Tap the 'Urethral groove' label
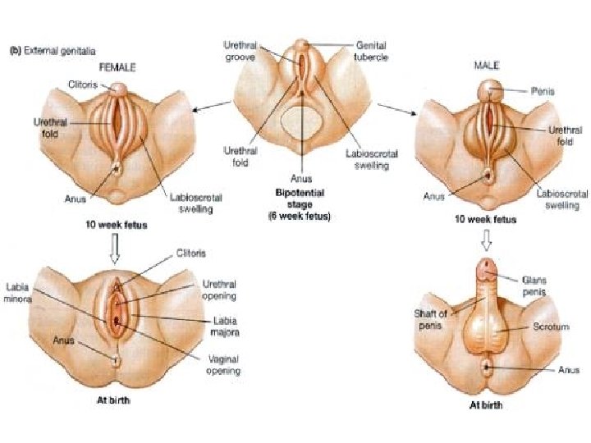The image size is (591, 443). tap(245, 50)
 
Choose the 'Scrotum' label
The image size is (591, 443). tap(534, 327)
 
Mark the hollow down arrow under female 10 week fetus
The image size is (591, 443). tap(115, 251)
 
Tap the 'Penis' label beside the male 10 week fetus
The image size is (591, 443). tap(543, 92)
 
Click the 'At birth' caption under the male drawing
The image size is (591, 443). tap(485, 404)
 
